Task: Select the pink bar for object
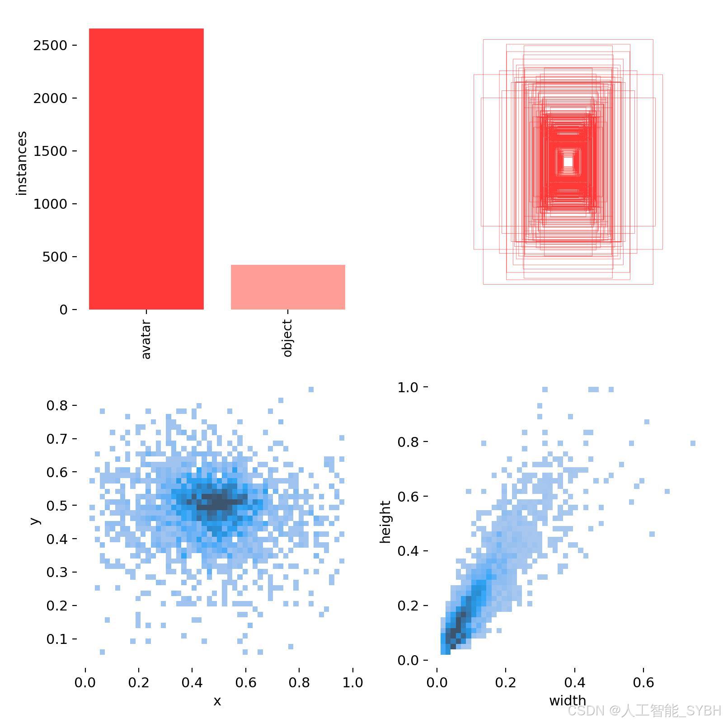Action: click(288, 287)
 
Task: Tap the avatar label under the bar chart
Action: click(146, 339)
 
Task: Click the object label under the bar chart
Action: click(287, 338)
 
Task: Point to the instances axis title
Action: click(22, 163)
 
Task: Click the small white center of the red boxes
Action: click(568, 162)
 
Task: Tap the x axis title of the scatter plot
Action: click(217, 701)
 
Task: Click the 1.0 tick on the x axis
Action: click(352, 682)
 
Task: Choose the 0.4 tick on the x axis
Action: click(192, 682)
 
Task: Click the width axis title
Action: click(568, 701)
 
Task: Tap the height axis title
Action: click(385, 522)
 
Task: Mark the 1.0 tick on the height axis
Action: click(408, 388)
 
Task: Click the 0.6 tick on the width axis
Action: click(643, 682)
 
